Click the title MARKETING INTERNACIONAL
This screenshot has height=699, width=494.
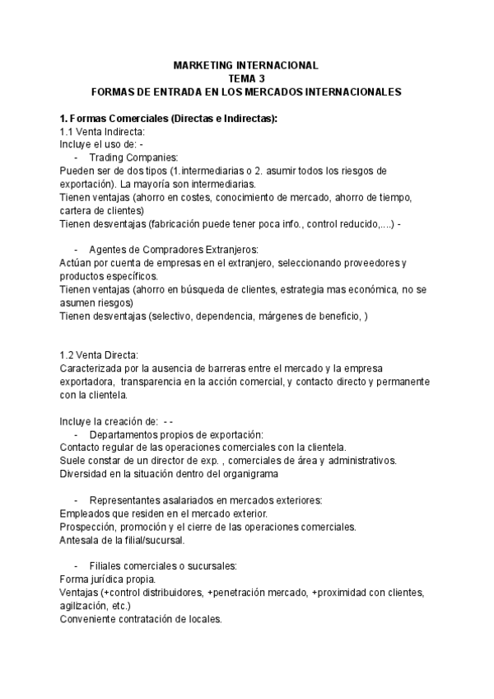246,64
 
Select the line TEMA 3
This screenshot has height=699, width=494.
246,78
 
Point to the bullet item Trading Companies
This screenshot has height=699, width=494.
133,157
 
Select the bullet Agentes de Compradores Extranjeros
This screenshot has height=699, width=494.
173,250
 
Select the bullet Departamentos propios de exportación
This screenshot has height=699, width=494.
176,434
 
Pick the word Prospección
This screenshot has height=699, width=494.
88,526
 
